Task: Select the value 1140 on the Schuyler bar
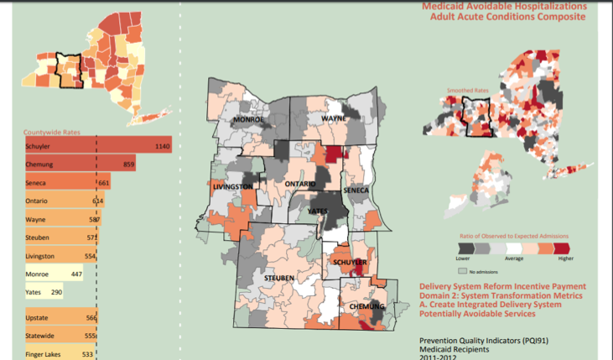click(163, 146)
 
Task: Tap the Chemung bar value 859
click(128, 164)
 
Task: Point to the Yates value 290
click(57, 293)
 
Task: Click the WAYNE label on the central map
click(333, 120)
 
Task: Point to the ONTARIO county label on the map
click(299, 183)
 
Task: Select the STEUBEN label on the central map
click(278, 276)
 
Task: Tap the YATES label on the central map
click(319, 211)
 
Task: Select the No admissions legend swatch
click(462, 272)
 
